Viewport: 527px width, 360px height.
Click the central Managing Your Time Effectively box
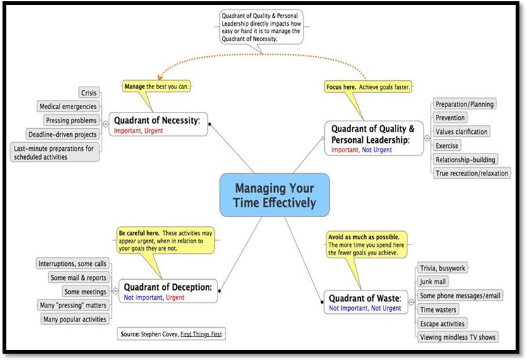(274, 195)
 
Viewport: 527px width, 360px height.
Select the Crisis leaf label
(89, 93)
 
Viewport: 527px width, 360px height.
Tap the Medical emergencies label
(68, 107)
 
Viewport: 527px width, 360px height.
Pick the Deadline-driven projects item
(63, 134)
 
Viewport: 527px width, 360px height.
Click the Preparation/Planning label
(464, 104)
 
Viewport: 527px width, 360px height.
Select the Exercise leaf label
(447, 146)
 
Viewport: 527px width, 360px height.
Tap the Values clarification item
(461, 131)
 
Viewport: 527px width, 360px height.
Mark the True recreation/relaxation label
(471, 173)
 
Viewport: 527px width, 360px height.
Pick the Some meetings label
(85, 291)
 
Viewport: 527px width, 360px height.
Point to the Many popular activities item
(74, 319)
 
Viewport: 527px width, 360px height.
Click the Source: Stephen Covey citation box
(171, 333)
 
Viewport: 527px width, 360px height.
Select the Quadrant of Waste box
(365, 301)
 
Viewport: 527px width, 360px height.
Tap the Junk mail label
(433, 282)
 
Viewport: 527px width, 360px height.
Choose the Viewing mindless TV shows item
(457, 337)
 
